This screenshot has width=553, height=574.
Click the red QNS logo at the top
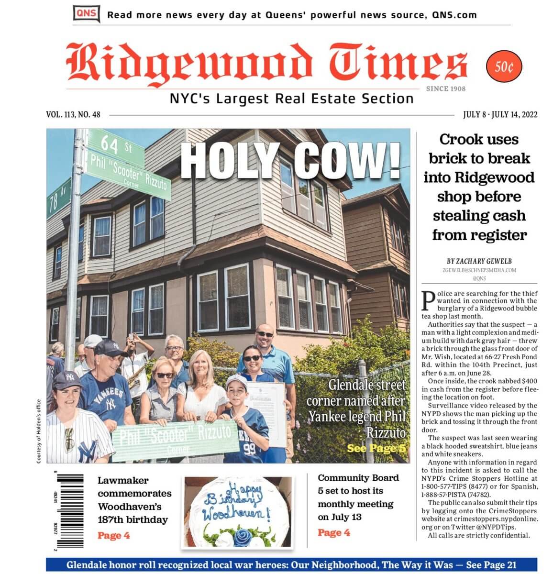click(x=86, y=13)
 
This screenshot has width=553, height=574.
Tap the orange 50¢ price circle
click(x=504, y=67)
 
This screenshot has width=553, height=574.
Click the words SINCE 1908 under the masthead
click(x=445, y=88)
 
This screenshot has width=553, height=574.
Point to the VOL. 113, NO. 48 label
click(x=73, y=115)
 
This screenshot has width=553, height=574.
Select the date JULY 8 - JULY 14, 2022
click(x=500, y=115)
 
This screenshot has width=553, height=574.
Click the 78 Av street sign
click(x=58, y=198)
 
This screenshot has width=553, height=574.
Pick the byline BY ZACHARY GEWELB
click(x=479, y=261)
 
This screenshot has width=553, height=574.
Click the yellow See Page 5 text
click(x=376, y=449)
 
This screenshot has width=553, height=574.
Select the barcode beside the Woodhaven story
click(x=69, y=511)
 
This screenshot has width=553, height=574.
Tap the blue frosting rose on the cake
click(x=243, y=535)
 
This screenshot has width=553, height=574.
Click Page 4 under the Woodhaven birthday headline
click(x=113, y=535)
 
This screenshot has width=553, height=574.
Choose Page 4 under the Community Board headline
click(x=333, y=532)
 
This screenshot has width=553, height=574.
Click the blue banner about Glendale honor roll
click(x=291, y=565)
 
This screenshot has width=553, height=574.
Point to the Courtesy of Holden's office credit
click(x=39, y=430)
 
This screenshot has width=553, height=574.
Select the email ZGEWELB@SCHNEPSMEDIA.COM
click(x=479, y=270)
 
